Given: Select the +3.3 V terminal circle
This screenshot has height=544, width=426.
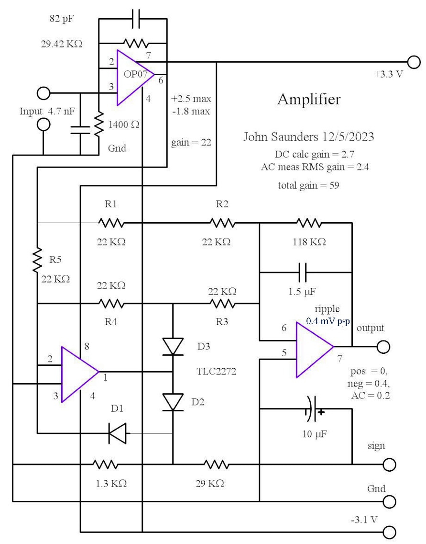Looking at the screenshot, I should pos(413,62).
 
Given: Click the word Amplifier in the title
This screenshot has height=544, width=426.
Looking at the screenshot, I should pos(309,100).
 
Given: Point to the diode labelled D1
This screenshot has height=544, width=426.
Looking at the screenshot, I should pos(117,434).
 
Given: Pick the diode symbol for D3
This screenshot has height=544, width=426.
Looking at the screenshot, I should pos(173,346).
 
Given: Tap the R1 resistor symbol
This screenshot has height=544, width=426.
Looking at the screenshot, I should pos(111,223).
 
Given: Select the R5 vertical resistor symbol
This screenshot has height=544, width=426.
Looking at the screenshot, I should pos(37,261).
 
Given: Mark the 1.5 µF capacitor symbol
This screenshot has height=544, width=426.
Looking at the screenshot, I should pos(303,272).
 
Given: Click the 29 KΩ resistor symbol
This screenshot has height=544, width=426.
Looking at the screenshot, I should pos(217,464).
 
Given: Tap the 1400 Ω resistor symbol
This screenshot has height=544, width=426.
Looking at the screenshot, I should pos(98,124).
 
